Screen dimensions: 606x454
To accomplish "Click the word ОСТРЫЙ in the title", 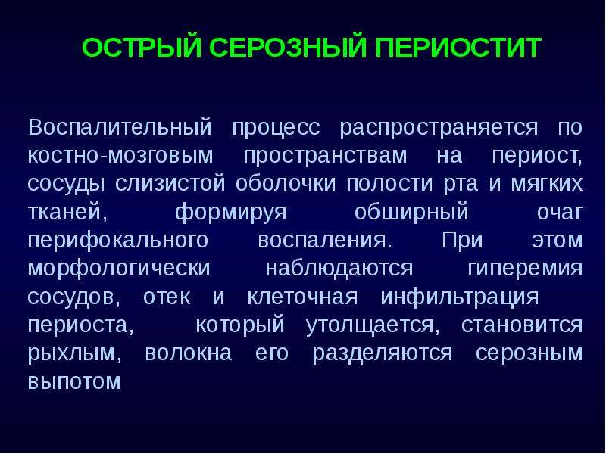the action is click(142, 47).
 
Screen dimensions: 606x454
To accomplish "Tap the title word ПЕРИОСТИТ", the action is click(458, 47).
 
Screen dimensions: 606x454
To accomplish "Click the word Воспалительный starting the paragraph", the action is click(120, 126).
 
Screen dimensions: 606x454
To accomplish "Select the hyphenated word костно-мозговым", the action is click(120, 156).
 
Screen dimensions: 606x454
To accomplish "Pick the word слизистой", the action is click(170, 183).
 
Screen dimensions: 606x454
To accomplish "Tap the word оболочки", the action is click(286, 183).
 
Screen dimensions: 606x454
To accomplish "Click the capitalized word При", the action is click(462, 240).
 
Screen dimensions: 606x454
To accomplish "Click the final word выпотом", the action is click(74, 381).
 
